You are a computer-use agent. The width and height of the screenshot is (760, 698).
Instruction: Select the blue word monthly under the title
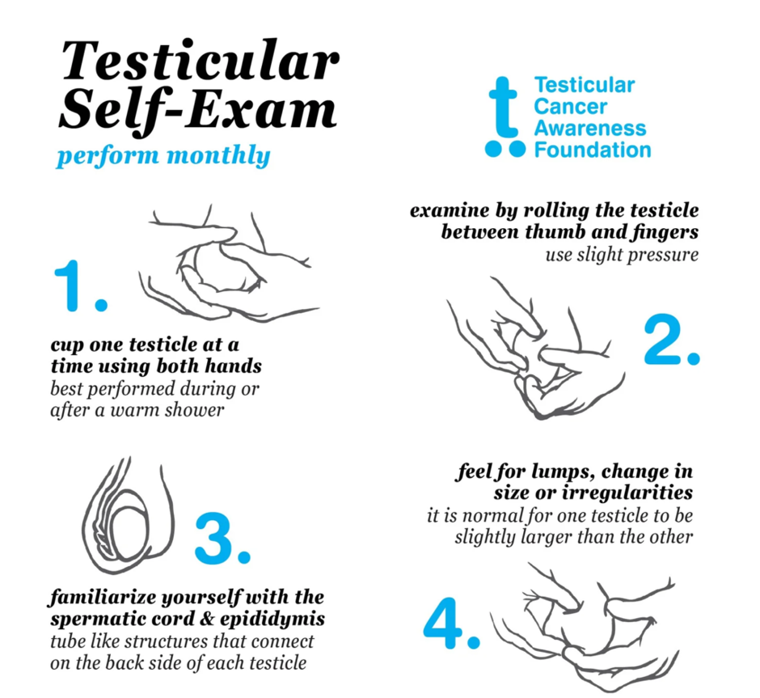218,156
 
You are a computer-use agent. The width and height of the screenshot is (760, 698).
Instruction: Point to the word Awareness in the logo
590,129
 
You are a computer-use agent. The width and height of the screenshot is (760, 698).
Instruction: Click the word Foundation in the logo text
593,150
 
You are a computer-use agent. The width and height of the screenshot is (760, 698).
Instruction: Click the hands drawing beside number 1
229,264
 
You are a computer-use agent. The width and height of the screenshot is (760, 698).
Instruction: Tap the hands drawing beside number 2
535,348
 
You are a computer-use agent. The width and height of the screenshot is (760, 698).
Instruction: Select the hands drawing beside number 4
584,627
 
